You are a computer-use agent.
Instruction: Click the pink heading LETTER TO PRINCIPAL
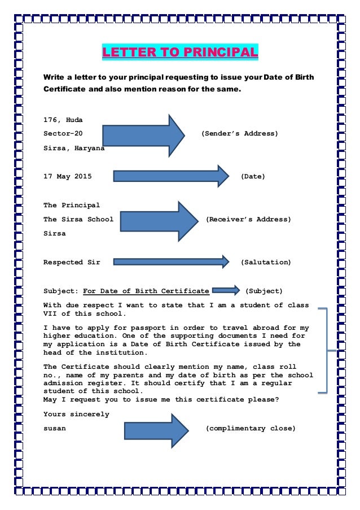[x=179, y=53]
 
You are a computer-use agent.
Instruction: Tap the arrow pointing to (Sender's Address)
[x=144, y=134]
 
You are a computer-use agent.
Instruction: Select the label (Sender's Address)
[x=239, y=134]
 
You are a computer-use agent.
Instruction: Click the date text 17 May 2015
[x=68, y=176]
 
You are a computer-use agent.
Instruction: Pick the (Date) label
[x=253, y=176]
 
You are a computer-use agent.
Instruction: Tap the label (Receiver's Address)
[x=248, y=219]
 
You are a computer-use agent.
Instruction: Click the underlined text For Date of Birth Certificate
[x=146, y=291]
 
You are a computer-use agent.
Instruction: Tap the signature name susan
[x=55, y=428]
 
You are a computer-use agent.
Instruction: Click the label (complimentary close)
[x=250, y=428]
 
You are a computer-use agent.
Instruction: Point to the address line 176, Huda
[x=63, y=120]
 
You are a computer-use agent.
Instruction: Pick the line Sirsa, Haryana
[x=74, y=149]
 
